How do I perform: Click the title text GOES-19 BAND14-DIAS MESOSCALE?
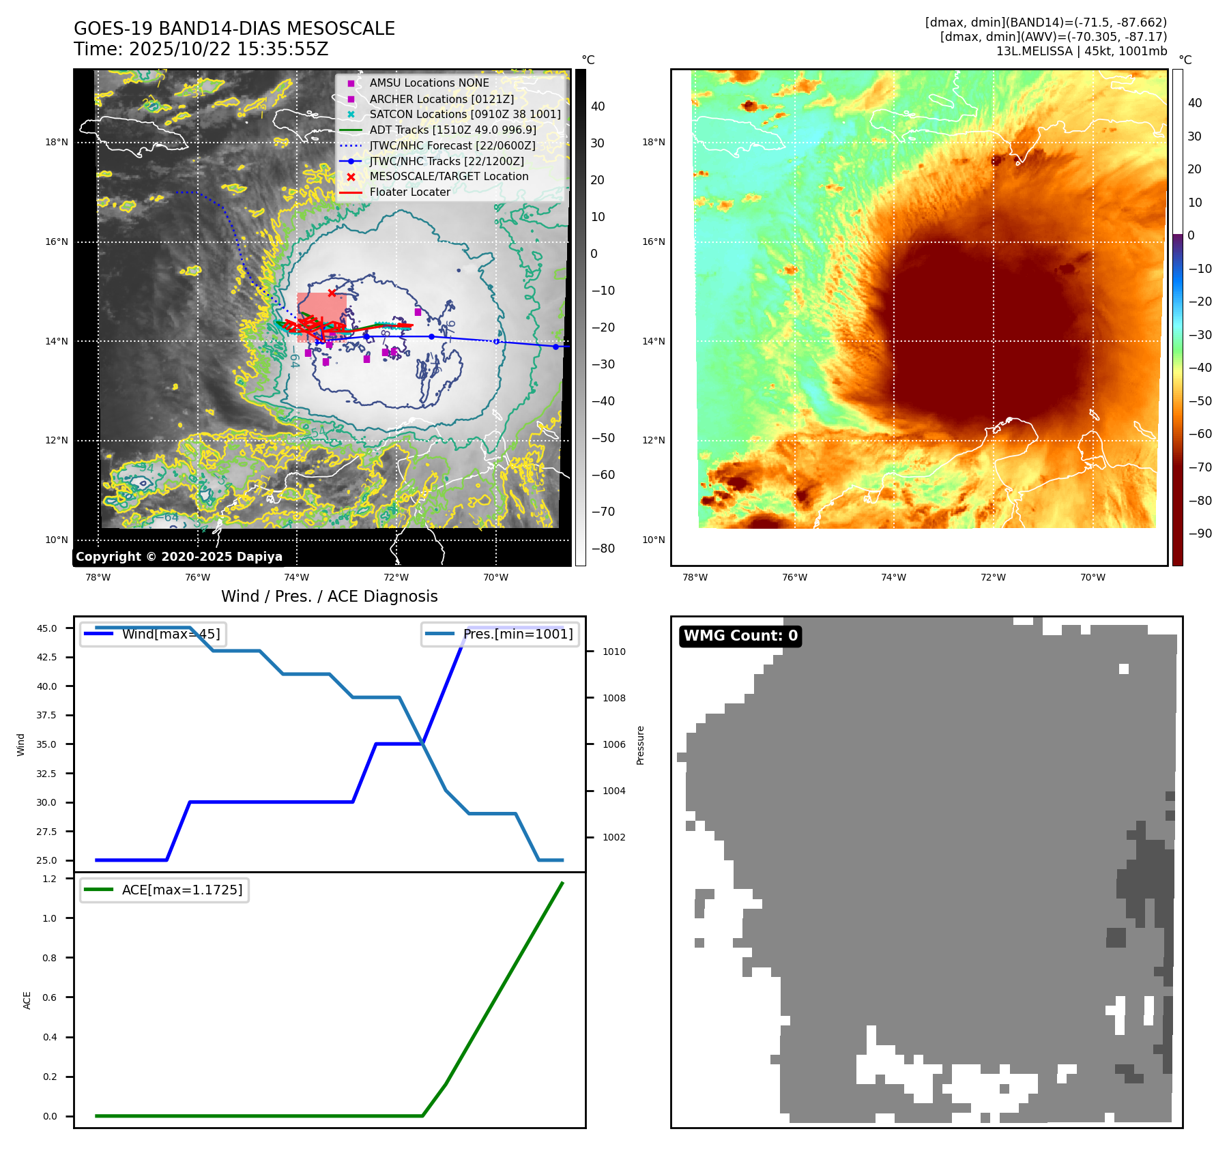click(x=234, y=29)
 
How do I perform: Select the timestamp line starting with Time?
click(x=201, y=49)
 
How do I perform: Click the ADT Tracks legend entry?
click(x=452, y=130)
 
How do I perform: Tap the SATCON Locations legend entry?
click(x=465, y=114)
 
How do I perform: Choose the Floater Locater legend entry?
click(x=409, y=192)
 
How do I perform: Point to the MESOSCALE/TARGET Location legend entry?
click(x=448, y=176)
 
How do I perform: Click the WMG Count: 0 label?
click(x=740, y=636)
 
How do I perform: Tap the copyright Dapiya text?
click(x=179, y=557)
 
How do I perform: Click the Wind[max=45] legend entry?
click(x=171, y=634)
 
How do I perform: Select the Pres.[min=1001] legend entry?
click(x=517, y=634)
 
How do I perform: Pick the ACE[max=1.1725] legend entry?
click(x=182, y=890)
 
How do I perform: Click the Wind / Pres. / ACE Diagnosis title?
click(x=329, y=596)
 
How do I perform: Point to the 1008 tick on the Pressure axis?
click(x=613, y=698)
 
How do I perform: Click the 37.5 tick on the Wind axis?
click(x=46, y=715)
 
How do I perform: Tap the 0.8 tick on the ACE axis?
click(x=49, y=958)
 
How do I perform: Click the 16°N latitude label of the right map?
click(x=653, y=242)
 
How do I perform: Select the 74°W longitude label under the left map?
click(x=297, y=577)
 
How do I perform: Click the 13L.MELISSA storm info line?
click(x=1081, y=51)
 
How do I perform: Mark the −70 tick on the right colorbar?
click(x=1200, y=467)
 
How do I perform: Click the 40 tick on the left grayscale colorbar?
click(x=598, y=106)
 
